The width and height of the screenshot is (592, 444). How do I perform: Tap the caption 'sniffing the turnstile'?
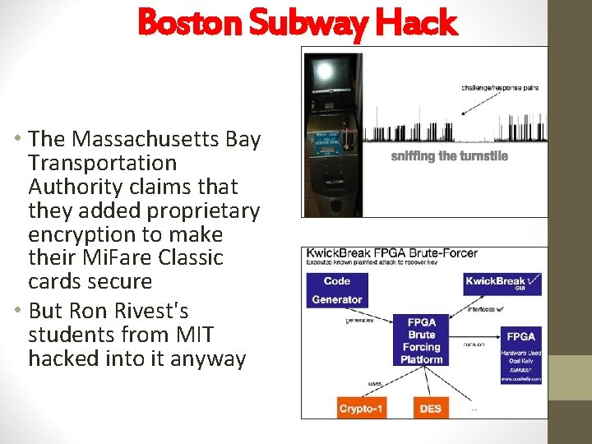(x=449, y=156)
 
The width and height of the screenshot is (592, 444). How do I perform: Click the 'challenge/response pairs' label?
(x=499, y=87)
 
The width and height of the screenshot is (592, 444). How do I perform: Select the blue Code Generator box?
(x=336, y=289)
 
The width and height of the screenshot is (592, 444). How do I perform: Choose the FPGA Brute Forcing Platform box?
(x=421, y=340)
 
